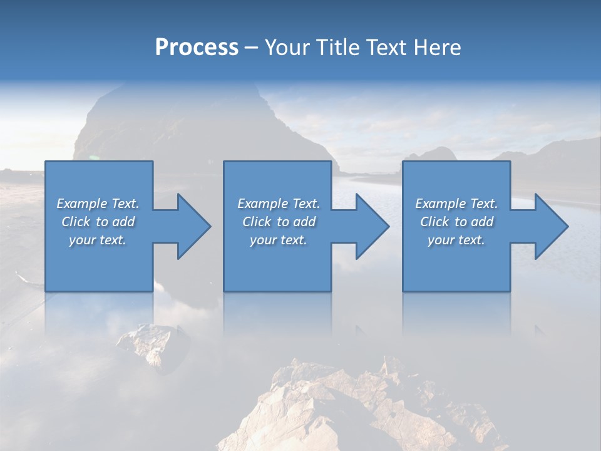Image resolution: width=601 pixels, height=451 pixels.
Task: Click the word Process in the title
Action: click(x=197, y=47)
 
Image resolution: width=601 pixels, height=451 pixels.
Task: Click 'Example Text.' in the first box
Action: click(x=98, y=204)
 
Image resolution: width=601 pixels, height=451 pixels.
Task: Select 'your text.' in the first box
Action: click(x=98, y=240)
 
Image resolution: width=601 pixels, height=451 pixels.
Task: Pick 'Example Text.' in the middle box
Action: click(x=279, y=204)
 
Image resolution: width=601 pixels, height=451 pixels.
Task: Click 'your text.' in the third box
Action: click(x=456, y=240)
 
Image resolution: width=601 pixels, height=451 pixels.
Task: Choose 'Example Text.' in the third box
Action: click(x=456, y=204)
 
